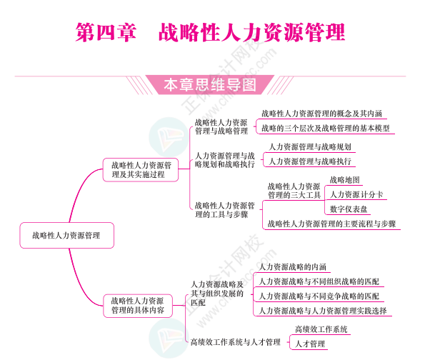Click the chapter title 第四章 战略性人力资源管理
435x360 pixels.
tap(210, 32)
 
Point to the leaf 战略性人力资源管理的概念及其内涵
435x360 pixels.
tap(321, 113)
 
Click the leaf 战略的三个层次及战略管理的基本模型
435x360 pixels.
tap(325, 129)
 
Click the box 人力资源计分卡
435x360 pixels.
tap(356, 194)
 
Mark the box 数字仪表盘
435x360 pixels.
tap(349, 209)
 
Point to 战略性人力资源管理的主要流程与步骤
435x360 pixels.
tap(331, 224)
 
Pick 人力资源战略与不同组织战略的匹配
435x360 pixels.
tap(319, 281)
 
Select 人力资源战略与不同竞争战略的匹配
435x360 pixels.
tap(319, 296)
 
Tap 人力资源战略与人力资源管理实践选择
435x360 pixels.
tap(322, 311)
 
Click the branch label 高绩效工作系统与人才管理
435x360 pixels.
tap(235, 342)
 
